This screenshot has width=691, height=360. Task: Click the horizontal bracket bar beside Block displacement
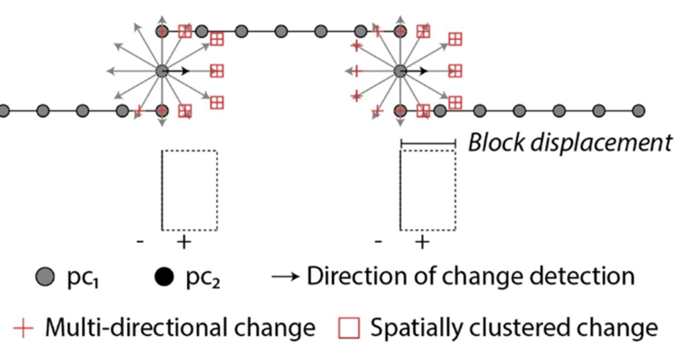click(428, 142)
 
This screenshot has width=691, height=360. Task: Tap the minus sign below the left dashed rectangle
click(140, 242)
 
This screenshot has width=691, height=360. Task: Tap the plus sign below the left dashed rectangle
click(183, 242)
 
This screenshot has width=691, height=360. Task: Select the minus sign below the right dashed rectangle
click(378, 242)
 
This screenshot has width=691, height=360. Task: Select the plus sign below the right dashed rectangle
click(421, 242)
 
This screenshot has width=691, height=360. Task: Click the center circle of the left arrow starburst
click(162, 71)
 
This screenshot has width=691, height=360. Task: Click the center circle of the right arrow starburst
click(400, 71)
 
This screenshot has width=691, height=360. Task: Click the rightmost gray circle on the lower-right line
click(638, 110)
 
